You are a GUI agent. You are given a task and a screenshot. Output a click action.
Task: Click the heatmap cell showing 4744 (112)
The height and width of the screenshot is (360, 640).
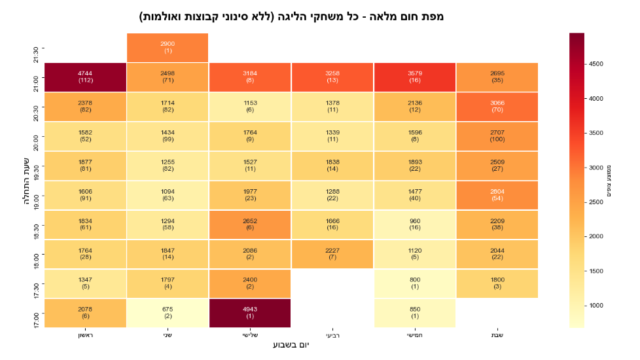click(x=85, y=77)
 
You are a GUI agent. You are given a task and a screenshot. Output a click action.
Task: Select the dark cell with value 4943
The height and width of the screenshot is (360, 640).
click(x=250, y=313)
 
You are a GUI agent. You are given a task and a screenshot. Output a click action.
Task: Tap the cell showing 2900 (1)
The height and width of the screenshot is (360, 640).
click(x=168, y=48)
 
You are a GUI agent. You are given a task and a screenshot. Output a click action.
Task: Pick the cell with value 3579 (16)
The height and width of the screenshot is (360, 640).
click(x=415, y=77)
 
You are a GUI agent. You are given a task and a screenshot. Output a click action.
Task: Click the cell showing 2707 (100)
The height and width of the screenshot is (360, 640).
click(x=497, y=136)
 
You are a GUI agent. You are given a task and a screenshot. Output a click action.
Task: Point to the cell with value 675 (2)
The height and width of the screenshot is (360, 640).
click(x=168, y=313)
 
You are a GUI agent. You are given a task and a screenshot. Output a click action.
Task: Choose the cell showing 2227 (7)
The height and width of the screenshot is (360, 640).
click(x=332, y=254)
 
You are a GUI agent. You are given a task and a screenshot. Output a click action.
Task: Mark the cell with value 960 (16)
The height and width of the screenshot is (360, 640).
click(x=415, y=225)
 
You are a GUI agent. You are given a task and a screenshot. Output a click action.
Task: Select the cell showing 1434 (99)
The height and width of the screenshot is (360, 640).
click(x=168, y=136)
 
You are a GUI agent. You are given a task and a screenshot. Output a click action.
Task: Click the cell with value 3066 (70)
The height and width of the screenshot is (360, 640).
click(x=497, y=107)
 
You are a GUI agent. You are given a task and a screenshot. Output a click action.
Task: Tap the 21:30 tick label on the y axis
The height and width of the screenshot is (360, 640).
click(x=36, y=55)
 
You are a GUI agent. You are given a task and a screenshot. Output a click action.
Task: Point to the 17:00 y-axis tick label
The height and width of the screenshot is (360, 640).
click(x=36, y=320)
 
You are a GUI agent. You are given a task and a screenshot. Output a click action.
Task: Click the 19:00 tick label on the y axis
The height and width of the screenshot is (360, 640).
click(x=36, y=202)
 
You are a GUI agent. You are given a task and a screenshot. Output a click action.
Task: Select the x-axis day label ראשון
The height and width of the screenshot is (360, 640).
click(x=85, y=335)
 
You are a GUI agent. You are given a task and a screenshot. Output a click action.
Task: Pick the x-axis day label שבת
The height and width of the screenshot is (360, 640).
click(x=497, y=335)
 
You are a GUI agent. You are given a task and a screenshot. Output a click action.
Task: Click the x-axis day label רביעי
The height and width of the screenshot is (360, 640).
click(x=332, y=336)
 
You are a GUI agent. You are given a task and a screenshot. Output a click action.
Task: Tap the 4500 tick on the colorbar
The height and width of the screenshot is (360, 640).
click(x=596, y=64)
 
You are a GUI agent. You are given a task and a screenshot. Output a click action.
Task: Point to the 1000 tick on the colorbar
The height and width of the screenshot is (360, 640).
click(x=596, y=306)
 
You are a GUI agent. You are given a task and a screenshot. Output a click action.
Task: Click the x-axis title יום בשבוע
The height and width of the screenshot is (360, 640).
click(x=291, y=345)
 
